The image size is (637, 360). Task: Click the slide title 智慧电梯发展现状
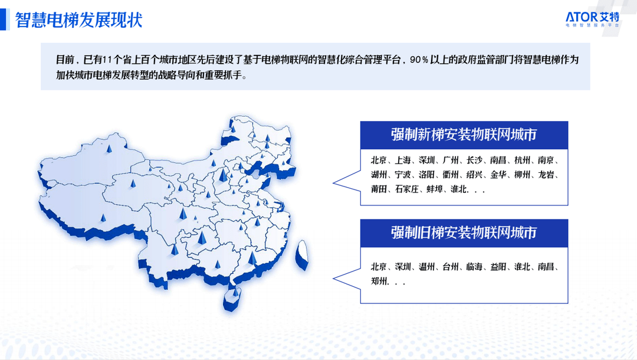tap(79, 20)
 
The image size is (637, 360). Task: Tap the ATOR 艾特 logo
tap(592, 19)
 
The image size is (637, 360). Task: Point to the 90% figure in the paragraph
tap(419, 60)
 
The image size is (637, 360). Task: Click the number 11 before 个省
tap(108, 60)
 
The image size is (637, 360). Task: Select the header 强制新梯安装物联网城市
tap(464, 135)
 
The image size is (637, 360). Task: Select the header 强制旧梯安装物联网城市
tap(464, 233)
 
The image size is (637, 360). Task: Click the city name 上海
tap(403, 160)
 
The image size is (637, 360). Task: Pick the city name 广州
tap(451, 160)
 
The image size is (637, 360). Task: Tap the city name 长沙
tap(474, 160)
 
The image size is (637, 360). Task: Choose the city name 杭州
tap(522, 160)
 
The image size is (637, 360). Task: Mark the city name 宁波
tap(403, 175)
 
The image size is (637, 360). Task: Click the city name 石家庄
tap(406, 189)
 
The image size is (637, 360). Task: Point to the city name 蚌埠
tap(434, 189)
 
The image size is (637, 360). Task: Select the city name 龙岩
tap(546, 175)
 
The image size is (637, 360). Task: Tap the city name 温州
tap(426, 267)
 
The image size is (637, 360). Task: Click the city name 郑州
tap(379, 281)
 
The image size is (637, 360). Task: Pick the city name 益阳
tap(498, 267)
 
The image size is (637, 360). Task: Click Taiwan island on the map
tap(302, 254)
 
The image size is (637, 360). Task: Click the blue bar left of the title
tap(4, 19)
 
